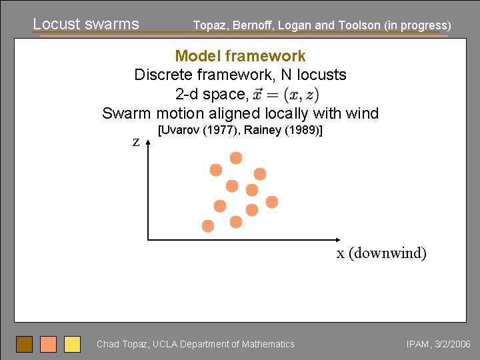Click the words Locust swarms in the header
pos(86,24)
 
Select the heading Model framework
pos(240,56)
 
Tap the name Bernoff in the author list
pos(253,25)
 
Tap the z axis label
pos(136,142)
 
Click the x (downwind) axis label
pos(381,253)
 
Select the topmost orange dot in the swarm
pos(236,158)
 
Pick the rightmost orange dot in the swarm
pos(272,202)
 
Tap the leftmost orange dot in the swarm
pos(208,226)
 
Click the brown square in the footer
pos(24,344)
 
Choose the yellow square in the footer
pos(72,344)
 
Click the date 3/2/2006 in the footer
pos(453,344)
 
